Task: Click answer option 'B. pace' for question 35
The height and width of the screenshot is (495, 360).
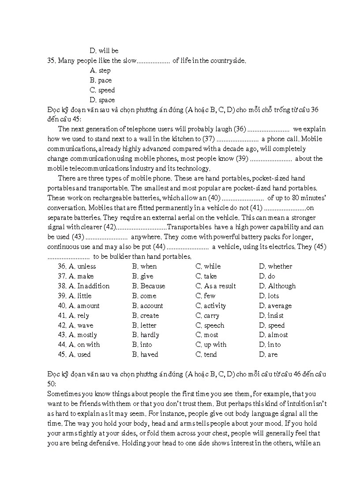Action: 101,80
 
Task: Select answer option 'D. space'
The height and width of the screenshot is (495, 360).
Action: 102,100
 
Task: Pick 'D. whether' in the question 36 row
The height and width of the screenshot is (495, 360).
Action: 275,266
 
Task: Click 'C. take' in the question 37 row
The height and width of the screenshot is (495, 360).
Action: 206,276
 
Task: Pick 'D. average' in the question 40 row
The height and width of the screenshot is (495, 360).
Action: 275,306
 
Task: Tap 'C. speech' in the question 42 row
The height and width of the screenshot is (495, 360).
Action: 210,325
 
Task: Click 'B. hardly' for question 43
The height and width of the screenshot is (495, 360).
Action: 146,335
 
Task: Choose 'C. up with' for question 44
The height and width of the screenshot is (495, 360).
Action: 211,345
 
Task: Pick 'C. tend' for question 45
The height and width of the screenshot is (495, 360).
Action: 206,354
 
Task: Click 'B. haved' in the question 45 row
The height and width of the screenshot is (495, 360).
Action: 145,354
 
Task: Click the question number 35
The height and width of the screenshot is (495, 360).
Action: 51,61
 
